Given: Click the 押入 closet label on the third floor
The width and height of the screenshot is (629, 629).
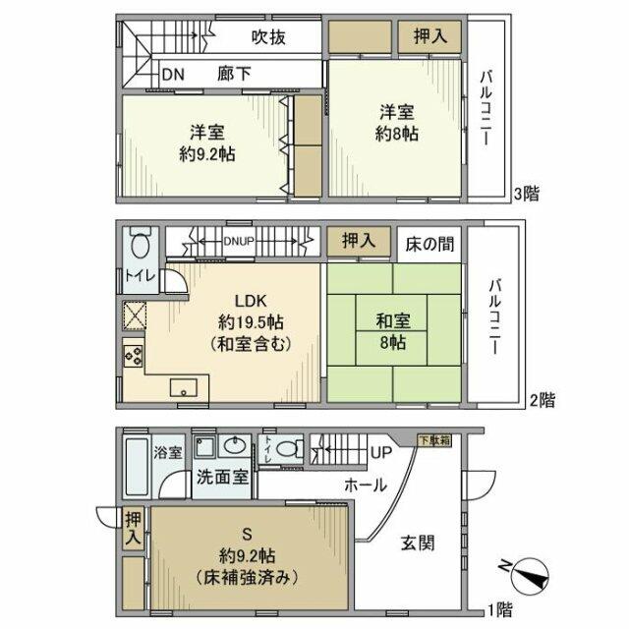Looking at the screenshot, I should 429,37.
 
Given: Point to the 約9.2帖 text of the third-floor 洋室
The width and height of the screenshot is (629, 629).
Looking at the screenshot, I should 206,154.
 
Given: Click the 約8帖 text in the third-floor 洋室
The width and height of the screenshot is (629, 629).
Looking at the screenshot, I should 397,134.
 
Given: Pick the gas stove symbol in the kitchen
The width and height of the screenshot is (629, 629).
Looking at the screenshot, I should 133,354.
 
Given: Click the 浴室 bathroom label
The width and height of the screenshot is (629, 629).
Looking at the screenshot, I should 168,453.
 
